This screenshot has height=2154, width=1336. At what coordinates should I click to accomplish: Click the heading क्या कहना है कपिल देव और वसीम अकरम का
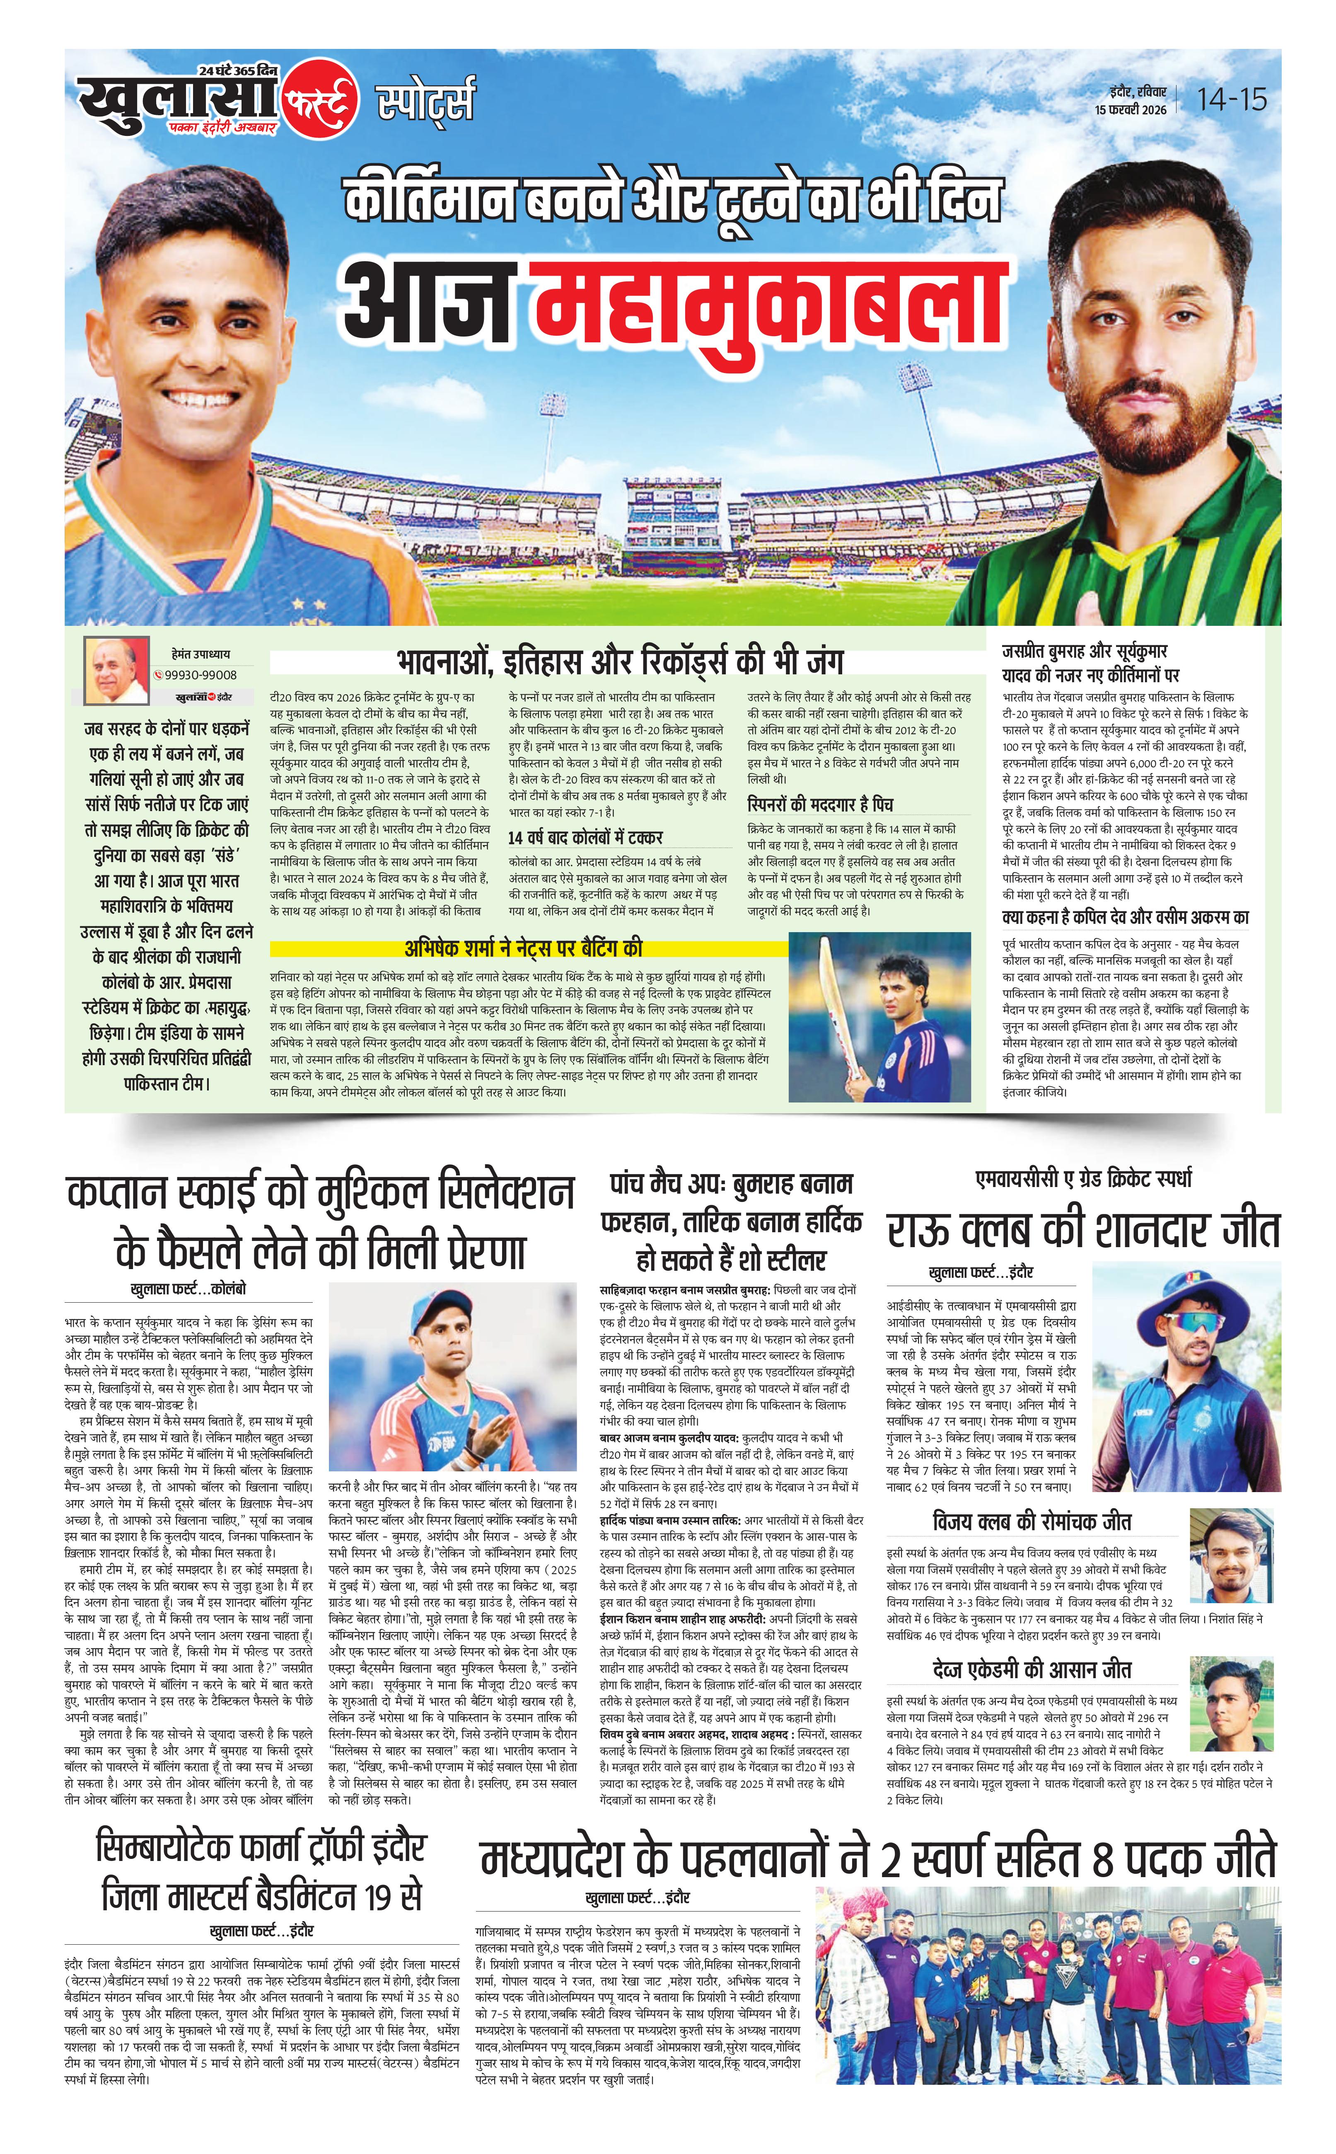(x=1125, y=916)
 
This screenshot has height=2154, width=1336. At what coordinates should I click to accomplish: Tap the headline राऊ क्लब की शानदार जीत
(x=1083, y=1231)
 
